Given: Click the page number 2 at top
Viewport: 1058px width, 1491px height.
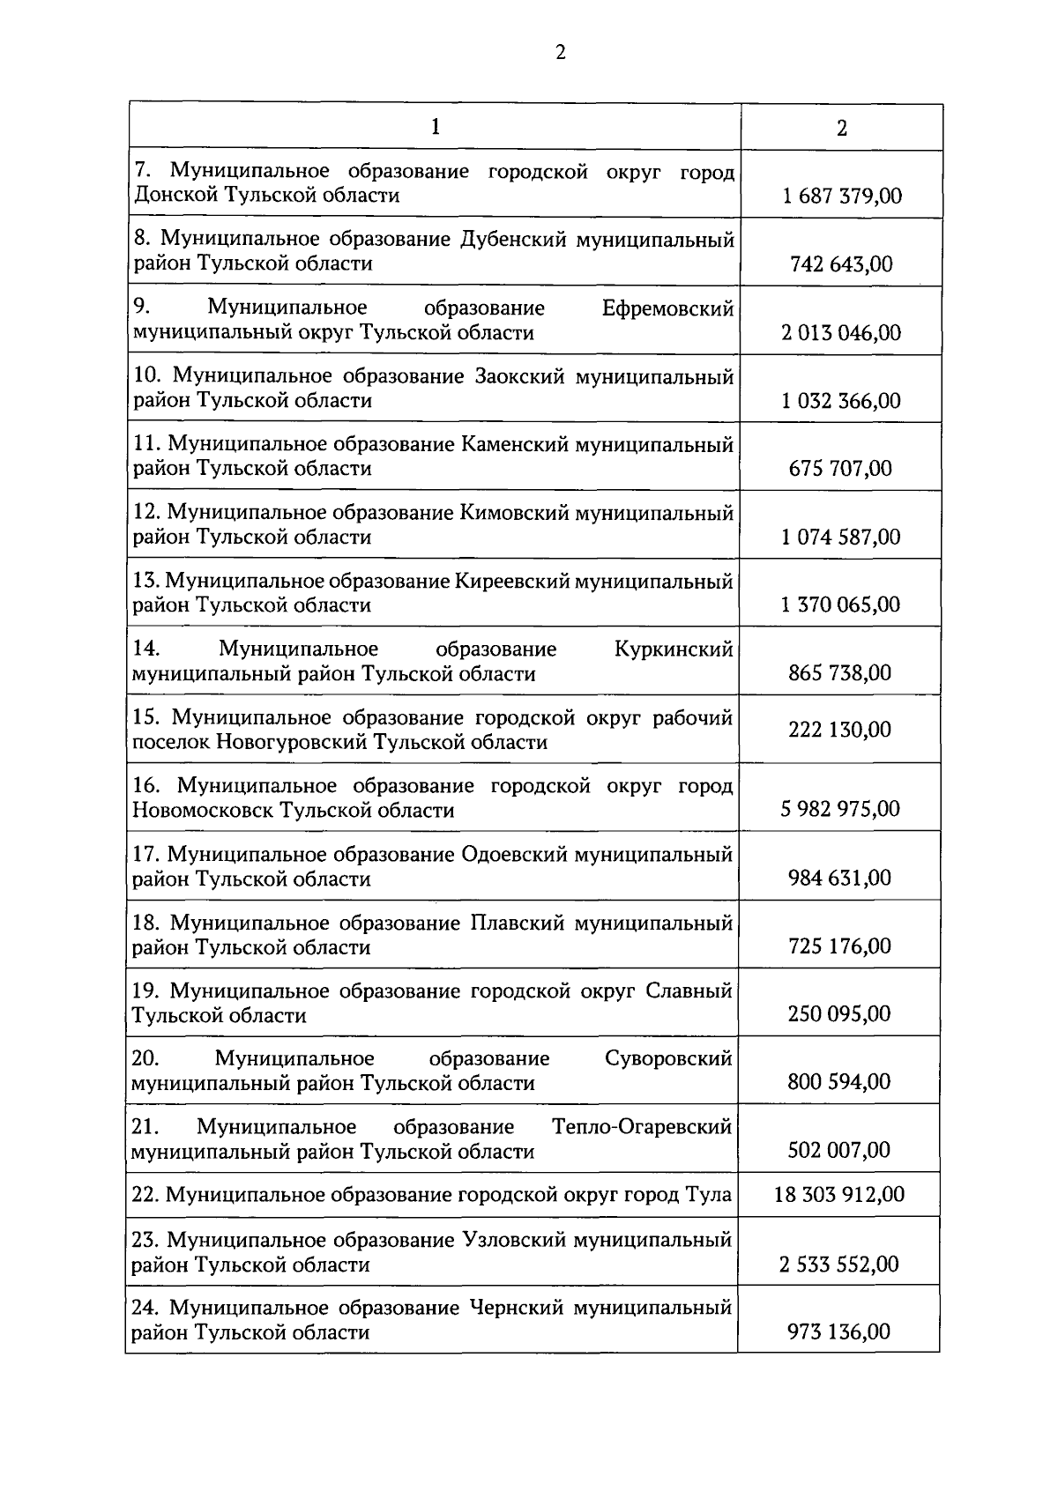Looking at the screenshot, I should tap(561, 52).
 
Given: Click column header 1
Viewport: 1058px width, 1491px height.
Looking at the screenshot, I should tap(435, 128).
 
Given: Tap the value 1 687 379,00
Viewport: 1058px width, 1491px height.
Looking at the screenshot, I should tap(842, 196).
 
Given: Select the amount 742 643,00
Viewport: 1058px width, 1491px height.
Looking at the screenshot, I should tap(841, 264).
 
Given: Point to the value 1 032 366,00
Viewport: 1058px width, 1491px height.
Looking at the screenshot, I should tap(841, 401).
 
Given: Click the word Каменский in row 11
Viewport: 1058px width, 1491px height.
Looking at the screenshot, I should tap(515, 444).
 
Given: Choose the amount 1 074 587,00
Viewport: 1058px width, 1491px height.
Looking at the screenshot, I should tap(841, 537).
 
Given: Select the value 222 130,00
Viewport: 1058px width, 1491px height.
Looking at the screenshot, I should tap(839, 730).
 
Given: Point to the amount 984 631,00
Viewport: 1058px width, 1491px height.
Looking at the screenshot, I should tap(839, 878).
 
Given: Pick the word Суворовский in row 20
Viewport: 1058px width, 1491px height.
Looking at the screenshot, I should tap(668, 1058).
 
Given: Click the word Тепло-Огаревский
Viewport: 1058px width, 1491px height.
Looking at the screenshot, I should tap(642, 1126).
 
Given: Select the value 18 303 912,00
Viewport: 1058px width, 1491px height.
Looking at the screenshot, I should tap(839, 1195).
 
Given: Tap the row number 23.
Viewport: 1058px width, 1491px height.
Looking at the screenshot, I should tap(145, 1240).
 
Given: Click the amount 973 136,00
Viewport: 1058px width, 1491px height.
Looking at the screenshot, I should tap(838, 1332).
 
